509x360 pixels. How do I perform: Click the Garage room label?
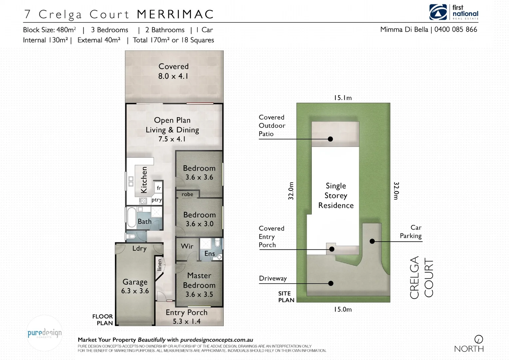tap(135, 282)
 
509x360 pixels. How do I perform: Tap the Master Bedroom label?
tap(199, 280)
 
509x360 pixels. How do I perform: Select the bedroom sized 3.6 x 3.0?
tap(199, 219)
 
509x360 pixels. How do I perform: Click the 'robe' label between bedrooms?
tap(187, 194)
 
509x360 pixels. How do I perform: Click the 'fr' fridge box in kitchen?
tap(159, 188)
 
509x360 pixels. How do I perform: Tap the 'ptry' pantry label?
tap(157, 200)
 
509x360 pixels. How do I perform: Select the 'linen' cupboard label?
tap(160, 265)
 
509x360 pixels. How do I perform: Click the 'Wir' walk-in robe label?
tap(187, 246)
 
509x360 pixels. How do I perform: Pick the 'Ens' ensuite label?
tap(210, 253)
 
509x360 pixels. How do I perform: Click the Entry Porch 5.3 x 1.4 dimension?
tap(187, 321)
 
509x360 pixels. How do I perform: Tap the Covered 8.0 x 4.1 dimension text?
tap(173, 76)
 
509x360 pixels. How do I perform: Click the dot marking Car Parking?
tap(372, 241)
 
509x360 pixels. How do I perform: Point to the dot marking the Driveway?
tap(331, 283)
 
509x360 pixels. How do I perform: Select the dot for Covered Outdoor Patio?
tap(330, 139)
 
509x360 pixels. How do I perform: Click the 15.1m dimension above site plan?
tap(343, 98)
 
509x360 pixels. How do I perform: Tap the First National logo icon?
tap(438, 12)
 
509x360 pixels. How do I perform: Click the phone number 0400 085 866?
tap(455, 29)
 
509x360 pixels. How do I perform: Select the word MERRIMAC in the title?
tap(175, 14)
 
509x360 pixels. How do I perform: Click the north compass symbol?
tap(478, 339)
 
